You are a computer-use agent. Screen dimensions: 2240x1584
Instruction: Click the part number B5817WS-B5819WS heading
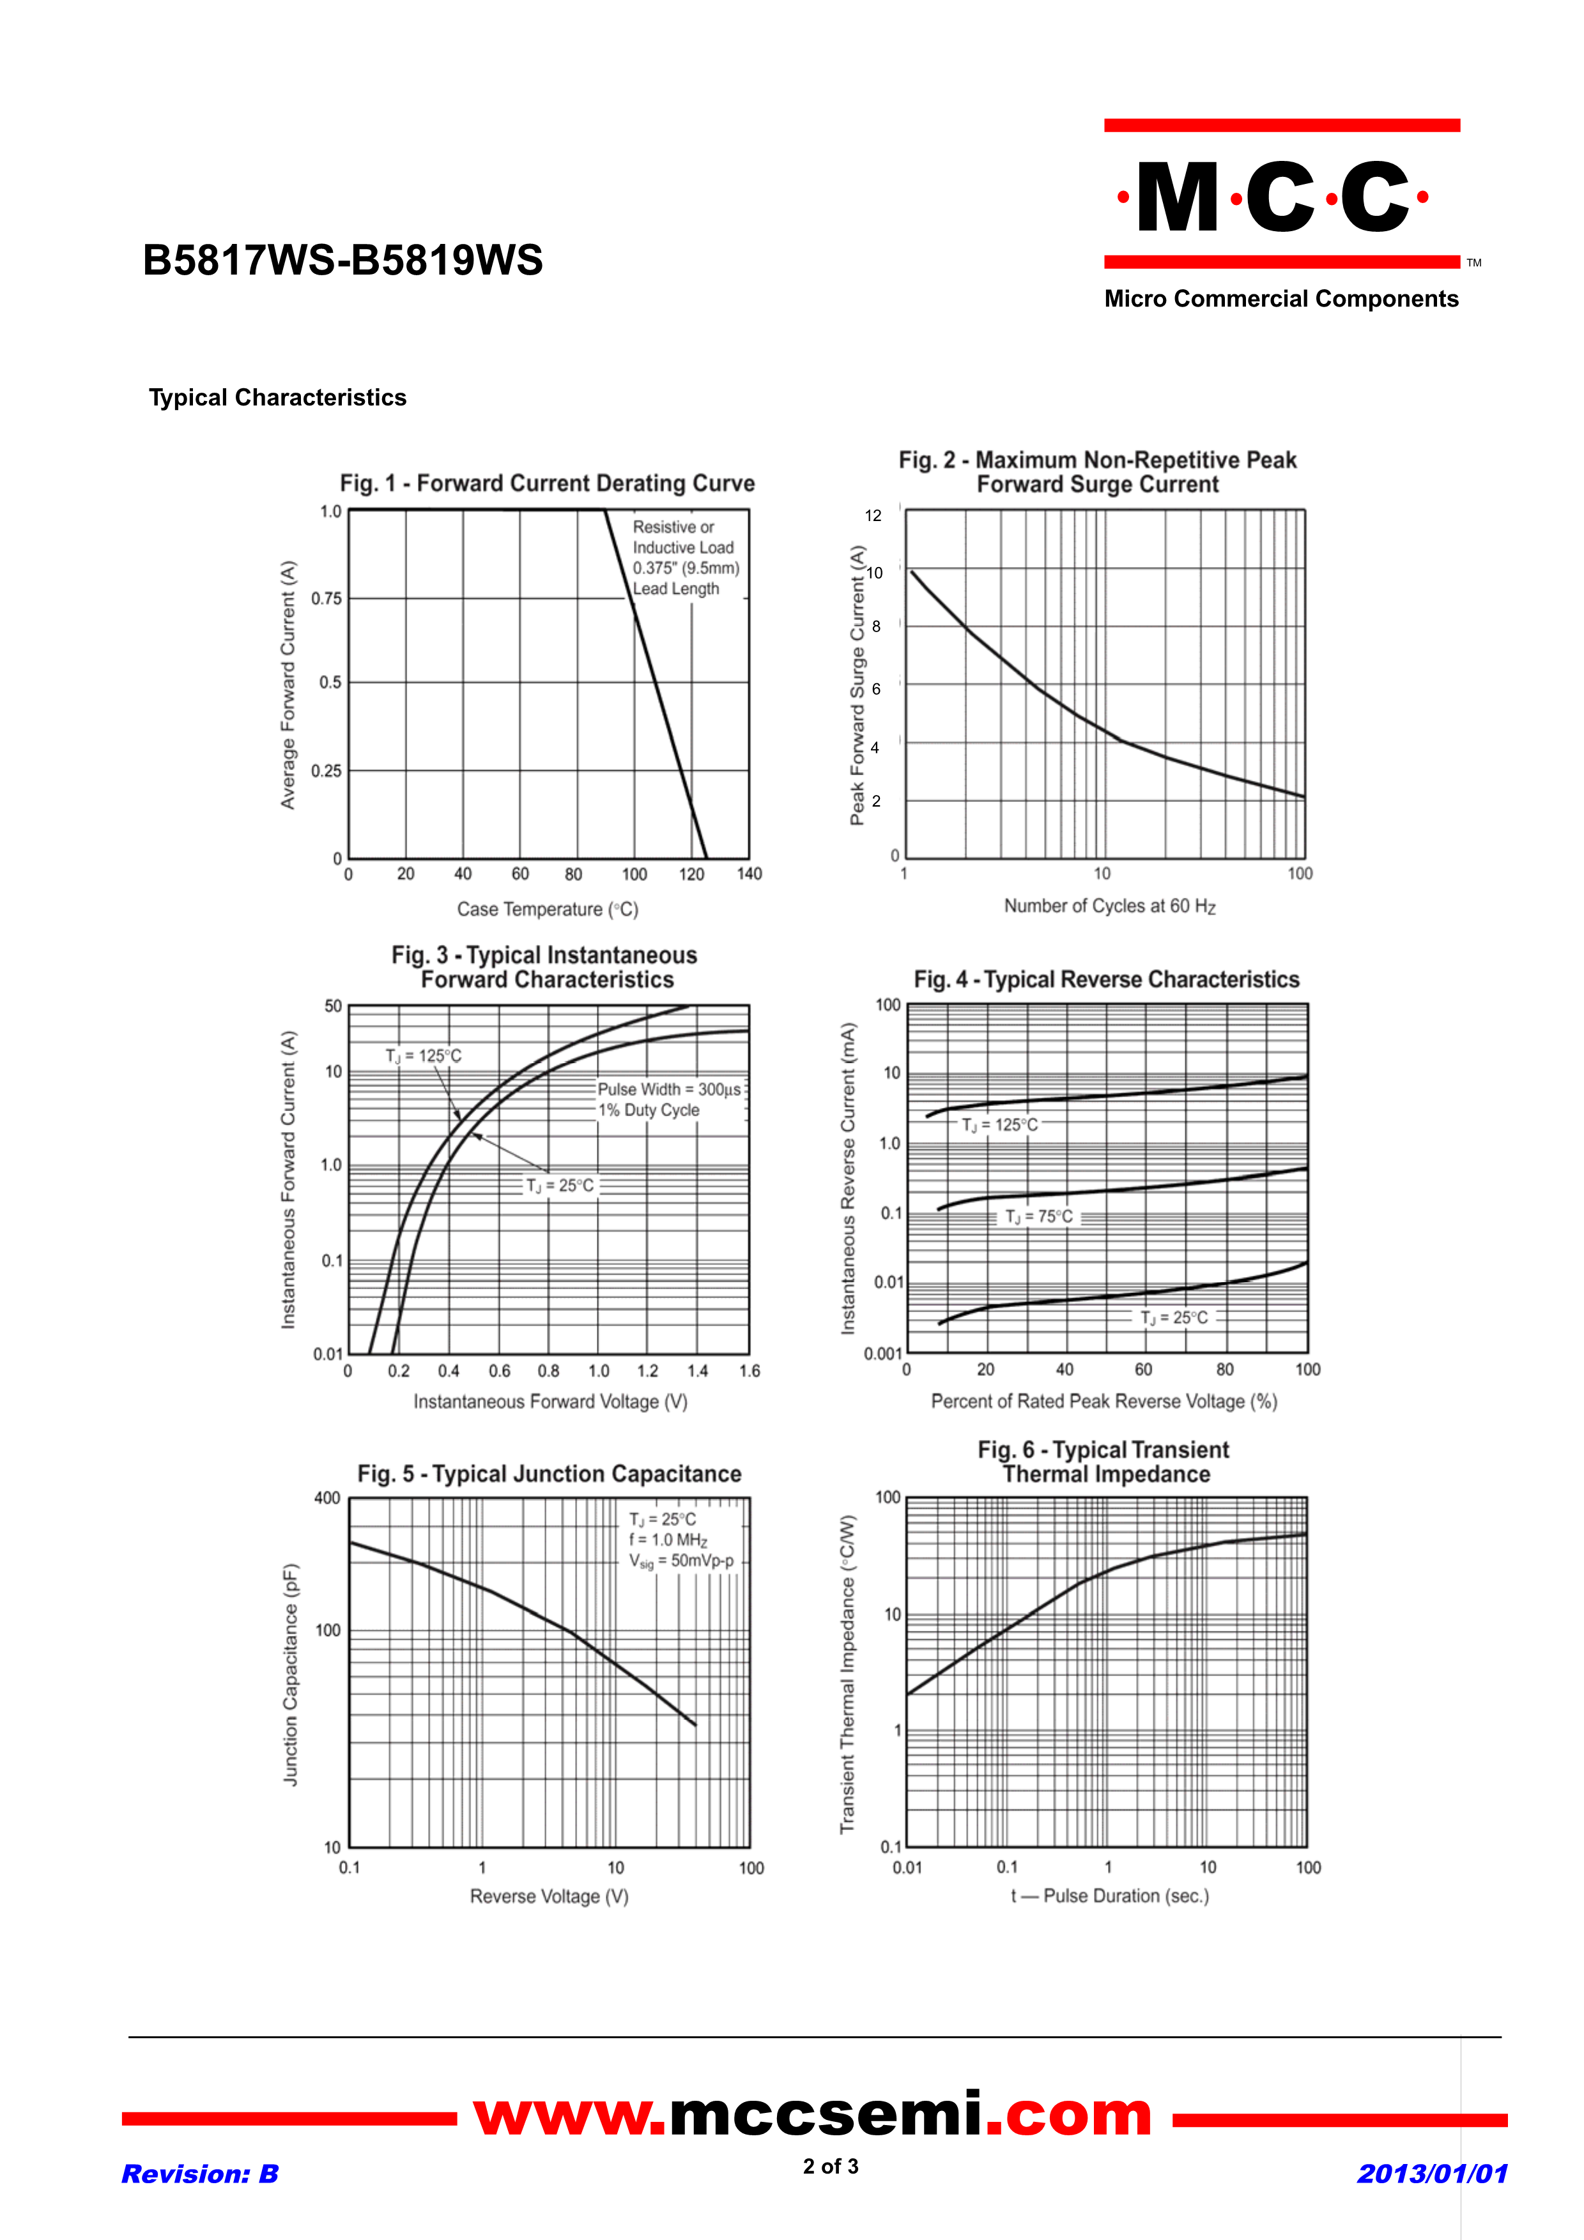(x=342, y=261)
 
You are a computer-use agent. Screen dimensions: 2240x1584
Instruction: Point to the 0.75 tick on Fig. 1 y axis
(x=327, y=598)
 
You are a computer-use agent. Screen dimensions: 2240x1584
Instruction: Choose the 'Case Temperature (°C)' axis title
(x=548, y=909)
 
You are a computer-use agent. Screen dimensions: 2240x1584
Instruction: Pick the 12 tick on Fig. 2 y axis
(x=873, y=515)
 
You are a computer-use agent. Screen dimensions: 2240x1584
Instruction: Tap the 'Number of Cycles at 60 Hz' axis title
(x=1110, y=906)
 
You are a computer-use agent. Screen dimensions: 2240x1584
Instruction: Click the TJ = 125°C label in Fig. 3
(x=424, y=1056)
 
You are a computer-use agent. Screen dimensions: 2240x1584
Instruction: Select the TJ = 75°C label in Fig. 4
(x=1040, y=1216)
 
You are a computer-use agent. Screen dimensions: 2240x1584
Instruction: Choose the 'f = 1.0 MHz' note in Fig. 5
(x=668, y=1540)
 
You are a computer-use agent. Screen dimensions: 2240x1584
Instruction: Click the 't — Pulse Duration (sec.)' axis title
(x=1110, y=1896)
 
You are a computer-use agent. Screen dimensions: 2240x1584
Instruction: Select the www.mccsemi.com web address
(x=813, y=2115)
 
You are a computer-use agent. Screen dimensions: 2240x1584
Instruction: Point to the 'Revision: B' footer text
(x=200, y=2174)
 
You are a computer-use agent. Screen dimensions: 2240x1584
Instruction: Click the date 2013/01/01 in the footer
(x=1432, y=2174)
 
